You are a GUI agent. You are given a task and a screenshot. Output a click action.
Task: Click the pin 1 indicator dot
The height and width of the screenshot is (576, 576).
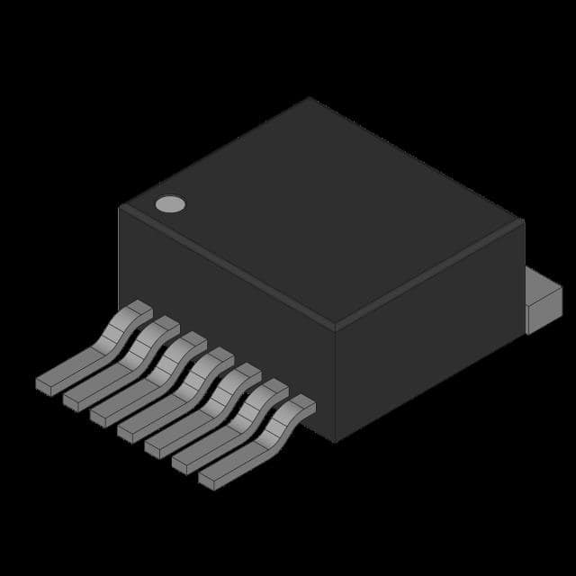click(169, 204)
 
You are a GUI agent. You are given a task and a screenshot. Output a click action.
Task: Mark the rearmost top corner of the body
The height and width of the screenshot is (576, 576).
click(309, 98)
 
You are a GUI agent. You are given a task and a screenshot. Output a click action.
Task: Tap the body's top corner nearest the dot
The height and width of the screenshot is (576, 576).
click(121, 208)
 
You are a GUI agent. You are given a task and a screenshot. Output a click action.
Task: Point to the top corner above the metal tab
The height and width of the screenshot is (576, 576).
click(523, 220)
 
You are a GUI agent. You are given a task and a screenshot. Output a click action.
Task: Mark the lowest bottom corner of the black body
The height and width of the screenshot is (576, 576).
click(335, 441)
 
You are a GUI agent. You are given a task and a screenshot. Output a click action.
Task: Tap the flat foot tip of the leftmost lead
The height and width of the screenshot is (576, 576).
click(47, 383)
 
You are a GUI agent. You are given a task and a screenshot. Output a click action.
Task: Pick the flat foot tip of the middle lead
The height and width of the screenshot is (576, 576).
click(128, 432)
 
